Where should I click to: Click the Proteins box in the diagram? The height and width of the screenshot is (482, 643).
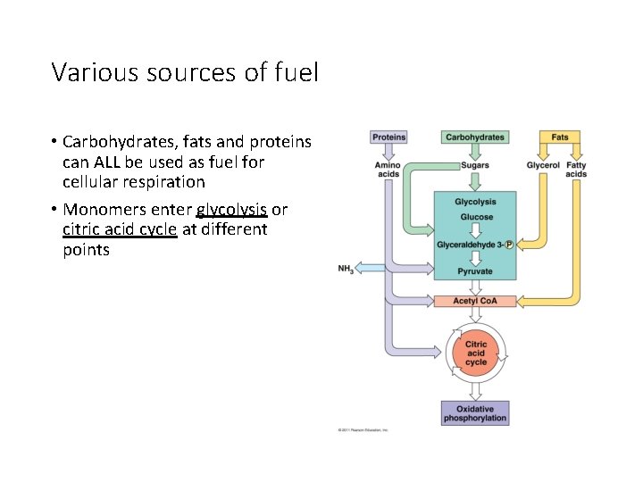[x=388, y=137]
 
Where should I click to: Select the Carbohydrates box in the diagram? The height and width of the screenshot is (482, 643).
[x=474, y=137]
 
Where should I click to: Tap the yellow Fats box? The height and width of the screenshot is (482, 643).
[x=560, y=137]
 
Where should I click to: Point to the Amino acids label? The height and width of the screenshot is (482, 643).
[x=388, y=170]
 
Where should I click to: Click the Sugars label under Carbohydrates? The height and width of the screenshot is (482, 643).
[x=474, y=165]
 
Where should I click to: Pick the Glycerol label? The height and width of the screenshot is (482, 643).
[x=543, y=165]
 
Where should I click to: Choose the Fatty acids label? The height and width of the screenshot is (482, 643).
[x=576, y=170]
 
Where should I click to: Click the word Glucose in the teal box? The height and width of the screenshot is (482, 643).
[x=475, y=217]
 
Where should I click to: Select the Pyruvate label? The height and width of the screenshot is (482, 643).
[x=474, y=270]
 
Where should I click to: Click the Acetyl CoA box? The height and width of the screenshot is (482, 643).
[x=475, y=301]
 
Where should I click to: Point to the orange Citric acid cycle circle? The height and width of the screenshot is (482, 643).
[x=476, y=353]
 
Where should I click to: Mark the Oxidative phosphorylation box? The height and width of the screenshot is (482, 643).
[x=475, y=413]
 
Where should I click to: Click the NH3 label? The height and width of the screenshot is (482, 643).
[x=346, y=269]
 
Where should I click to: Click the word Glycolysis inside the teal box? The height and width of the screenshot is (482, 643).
[x=475, y=202]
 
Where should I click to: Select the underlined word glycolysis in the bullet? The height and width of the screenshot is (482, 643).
[x=231, y=210]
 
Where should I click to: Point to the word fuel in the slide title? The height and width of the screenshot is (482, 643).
[x=294, y=72]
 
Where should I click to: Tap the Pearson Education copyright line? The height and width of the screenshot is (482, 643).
[x=363, y=430]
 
